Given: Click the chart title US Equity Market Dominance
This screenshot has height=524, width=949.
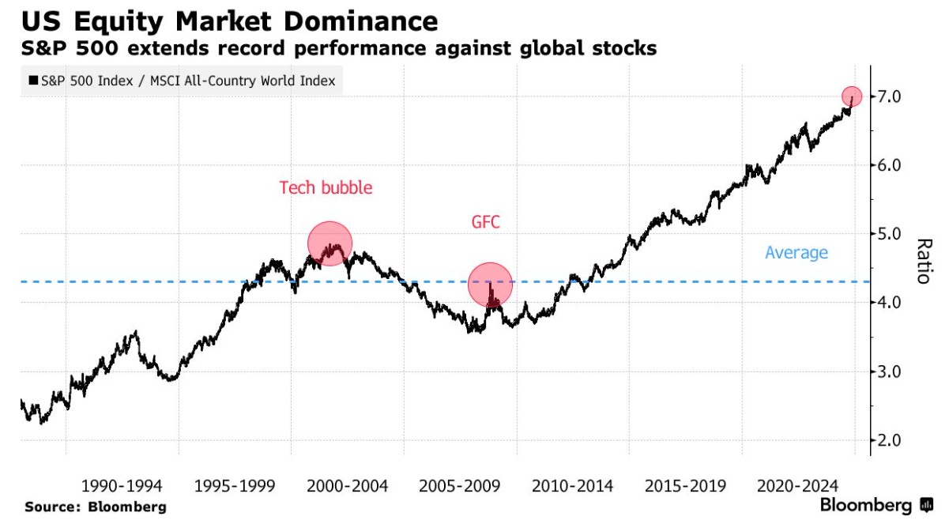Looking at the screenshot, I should (230, 21).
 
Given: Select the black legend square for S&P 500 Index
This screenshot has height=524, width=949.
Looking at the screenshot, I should (33, 81).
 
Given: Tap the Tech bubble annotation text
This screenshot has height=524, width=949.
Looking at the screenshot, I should (326, 188).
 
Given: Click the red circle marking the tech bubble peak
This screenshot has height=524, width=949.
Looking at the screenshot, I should (330, 243).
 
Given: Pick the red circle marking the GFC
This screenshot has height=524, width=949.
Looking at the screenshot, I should (491, 285).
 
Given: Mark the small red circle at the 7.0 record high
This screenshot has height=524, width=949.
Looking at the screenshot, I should (852, 96).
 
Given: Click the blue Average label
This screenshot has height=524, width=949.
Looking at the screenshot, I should (796, 253).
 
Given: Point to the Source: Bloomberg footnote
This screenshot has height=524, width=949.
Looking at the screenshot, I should (96, 507).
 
